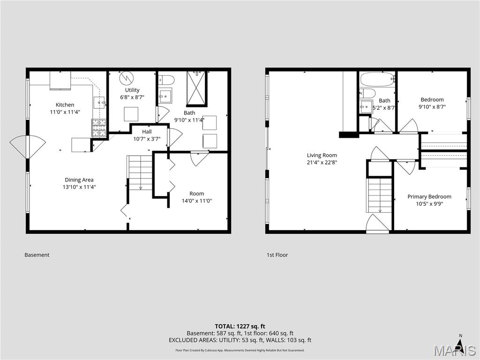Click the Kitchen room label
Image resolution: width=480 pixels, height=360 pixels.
(65, 105)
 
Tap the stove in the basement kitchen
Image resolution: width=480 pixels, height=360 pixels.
(98, 128)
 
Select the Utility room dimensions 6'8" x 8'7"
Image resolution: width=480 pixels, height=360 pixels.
(132, 97)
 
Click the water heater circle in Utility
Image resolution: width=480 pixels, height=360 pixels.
(126, 78)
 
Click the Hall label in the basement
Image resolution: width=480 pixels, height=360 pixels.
(147, 132)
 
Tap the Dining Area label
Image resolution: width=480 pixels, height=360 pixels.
(79, 180)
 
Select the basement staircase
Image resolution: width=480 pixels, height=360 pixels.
(140, 173)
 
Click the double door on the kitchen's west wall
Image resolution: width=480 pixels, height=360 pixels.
(28, 147)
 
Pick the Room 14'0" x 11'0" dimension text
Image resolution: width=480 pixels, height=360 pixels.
(197, 201)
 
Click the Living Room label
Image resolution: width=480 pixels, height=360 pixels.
(322, 155)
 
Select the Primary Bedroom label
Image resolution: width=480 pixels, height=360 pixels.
(429, 196)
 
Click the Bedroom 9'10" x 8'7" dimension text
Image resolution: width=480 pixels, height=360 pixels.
(432, 106)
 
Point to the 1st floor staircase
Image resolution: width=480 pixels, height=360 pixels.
(379, 194)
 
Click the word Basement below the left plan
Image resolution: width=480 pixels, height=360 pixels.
(37, 255)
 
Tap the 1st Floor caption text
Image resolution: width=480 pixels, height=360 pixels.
(277, 255)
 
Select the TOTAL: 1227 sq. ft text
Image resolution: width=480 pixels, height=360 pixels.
(240, 326)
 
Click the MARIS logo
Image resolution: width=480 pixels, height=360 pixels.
(455, 349)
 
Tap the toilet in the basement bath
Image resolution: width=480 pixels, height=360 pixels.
(166, 80)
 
